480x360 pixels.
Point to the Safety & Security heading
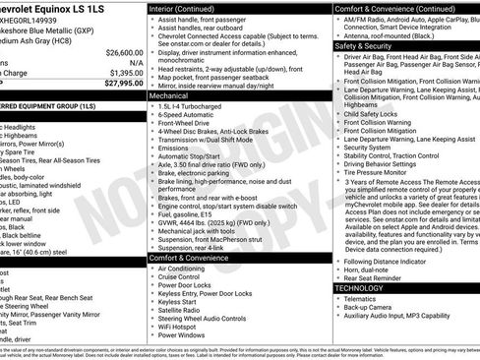click(x=363, y=46)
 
